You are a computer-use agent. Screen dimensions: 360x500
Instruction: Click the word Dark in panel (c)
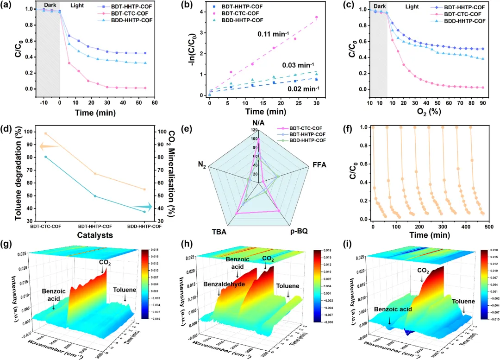pos(380,7)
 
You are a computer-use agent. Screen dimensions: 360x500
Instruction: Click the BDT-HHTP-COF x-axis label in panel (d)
pos(95,226)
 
